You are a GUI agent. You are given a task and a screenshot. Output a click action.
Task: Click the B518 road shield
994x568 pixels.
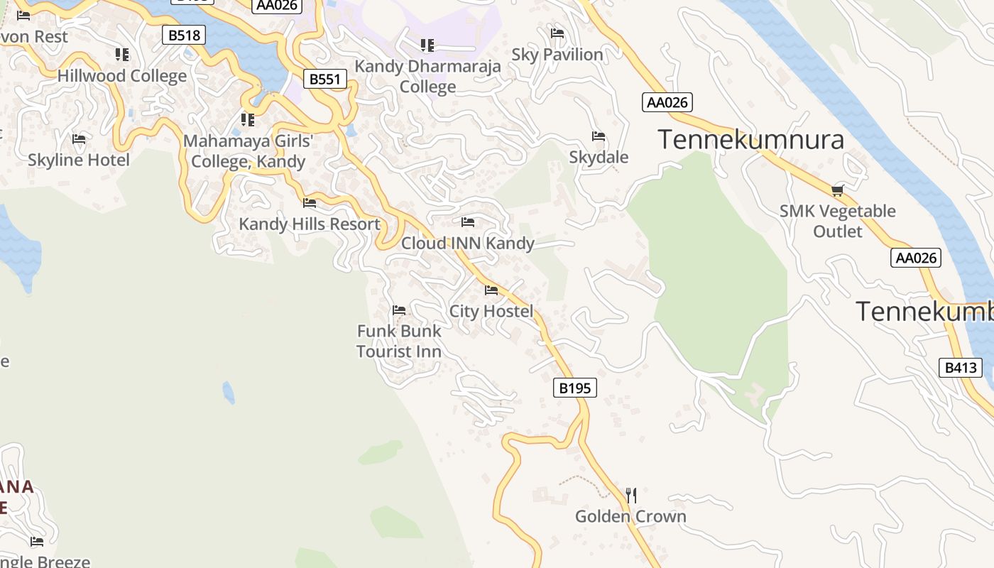184,35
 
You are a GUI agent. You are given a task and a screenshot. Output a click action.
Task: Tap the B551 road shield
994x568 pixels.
325,79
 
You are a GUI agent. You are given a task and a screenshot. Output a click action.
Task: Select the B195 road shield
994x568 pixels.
574,388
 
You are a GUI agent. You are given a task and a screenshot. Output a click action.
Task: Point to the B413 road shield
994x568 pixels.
961,367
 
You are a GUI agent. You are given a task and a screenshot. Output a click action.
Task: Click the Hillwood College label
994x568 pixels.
122,76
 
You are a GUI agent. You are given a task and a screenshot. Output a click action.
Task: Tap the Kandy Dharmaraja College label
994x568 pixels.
427,76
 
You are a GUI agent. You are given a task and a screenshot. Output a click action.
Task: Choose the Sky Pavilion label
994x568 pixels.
557,55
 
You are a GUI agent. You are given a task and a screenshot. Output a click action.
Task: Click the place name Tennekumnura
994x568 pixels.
750,139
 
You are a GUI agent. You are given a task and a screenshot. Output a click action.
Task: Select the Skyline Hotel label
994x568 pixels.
79,160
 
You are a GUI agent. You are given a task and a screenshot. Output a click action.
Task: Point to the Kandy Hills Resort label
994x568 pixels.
310,224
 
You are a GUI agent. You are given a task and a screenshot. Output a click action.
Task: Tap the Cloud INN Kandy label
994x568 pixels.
468,244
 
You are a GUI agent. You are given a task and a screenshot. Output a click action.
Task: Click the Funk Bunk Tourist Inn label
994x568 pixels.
399,341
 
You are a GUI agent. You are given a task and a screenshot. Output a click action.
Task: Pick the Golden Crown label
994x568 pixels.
630,516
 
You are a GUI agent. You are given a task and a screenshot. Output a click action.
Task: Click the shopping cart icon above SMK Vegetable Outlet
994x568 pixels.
838,190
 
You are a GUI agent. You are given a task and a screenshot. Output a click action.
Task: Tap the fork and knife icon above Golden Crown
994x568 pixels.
630,495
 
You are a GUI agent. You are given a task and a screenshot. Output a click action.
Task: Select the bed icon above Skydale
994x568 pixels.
599,136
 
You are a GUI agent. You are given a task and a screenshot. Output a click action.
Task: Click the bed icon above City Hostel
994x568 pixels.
491,290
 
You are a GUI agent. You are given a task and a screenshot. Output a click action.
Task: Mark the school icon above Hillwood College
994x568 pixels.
122,55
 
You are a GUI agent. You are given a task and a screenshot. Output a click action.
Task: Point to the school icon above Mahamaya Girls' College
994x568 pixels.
247,119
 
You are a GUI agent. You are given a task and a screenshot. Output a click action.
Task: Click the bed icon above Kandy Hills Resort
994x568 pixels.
310,203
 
